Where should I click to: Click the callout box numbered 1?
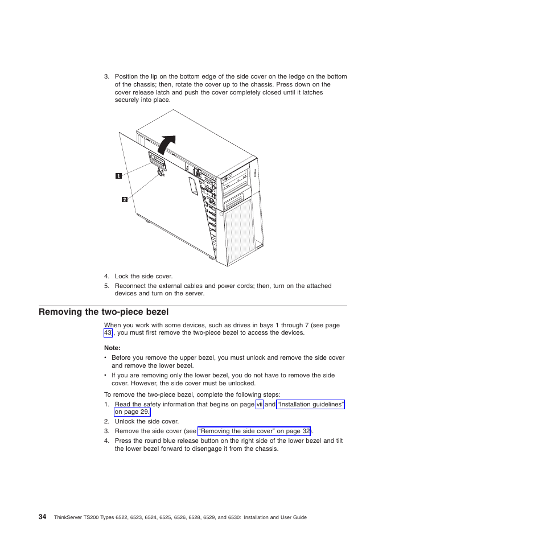[x=118, y=176]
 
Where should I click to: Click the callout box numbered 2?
[x=124, y=199]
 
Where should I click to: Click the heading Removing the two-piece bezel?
[x=104, y=312]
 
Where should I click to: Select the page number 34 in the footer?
[x=43, y=517]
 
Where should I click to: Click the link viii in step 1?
[x=260, y=405]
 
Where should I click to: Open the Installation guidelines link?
[x=310, y=405]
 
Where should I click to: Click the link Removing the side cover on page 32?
[x=254, y=431]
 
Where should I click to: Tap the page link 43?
[x=108, y=333]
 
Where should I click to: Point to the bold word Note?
[x=113, y=348]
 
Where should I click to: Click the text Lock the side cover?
[x=143, y=277]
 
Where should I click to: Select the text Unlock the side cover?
[x=146, y=422]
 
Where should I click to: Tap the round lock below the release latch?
[x=161, y=173]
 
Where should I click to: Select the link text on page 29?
[x=132, y=412]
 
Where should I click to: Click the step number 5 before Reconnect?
[x=106, y=286]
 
